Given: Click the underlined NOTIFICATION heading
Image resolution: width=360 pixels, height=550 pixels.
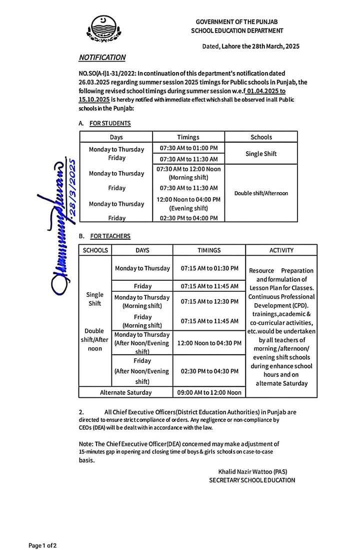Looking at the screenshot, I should tap(102, 58).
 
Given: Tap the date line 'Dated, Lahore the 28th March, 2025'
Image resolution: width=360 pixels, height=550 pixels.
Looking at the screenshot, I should tap(250, 46).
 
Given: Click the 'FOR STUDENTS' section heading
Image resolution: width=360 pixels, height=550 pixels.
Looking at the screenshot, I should tap(110, 123).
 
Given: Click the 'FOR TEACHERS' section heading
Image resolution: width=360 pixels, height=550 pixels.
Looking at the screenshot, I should tap(110, 236).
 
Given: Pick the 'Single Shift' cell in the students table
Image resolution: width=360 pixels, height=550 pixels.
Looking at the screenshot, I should tap(261, 154).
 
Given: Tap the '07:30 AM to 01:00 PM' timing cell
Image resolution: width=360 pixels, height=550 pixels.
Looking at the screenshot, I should tap(188, 149).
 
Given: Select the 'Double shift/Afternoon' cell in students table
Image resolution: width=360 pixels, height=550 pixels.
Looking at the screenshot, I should tap(261, 193).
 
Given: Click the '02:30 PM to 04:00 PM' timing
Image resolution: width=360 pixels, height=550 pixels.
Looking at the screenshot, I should tap(188, 218).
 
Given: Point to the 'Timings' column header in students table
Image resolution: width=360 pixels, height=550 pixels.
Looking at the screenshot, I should tap(188, 137).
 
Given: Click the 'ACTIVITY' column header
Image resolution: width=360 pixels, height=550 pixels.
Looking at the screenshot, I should tap(281, 250).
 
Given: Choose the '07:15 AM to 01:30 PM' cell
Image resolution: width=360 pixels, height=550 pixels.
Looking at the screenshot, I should tap(209, 268).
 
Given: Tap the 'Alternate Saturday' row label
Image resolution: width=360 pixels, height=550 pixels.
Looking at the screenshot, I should tap(126, 392).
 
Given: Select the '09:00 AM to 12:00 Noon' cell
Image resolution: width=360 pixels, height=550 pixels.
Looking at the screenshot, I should tap(209, 392).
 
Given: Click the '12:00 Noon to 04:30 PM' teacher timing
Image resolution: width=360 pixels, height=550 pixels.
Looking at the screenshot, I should tap(209, 343).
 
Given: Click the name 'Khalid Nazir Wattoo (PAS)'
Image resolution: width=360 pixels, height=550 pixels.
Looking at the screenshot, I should tap(252, 471).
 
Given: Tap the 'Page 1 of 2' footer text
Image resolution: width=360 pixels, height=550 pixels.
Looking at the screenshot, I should tap(42, 545).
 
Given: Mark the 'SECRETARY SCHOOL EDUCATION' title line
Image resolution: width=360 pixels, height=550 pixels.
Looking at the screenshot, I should tap(252, 480).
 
